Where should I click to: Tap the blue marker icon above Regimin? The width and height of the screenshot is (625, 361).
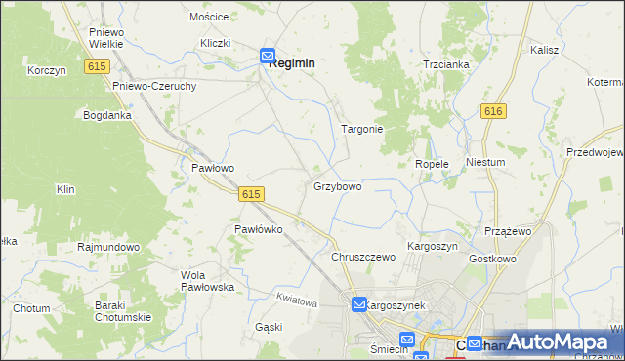pyautogui.click(x=267, y=58)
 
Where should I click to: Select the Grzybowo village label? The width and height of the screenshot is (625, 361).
pyautogui.click(x=338, y=185)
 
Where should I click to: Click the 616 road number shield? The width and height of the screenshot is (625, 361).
pyautogui.click(x=493, y=112)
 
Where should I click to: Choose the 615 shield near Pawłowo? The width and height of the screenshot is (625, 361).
pyautogui.click(x=250, y=194)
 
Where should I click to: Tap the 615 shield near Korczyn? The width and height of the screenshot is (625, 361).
pyautogui.click(x=96, y=65)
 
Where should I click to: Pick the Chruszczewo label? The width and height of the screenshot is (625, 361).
pyautogui.click(x=362, y=257)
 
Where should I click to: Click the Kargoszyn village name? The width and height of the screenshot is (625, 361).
pyautogui.click(x=432, y=247)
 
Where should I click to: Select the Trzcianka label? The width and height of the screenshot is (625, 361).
pyautogui.click(x=446, y=64)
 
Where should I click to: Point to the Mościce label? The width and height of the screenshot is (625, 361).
pyautogui.click(x=209, y=18)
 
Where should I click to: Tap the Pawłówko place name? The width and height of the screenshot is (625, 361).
pyautogui.click(x=258, y=229)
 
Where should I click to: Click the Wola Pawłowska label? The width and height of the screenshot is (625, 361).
pyautogui.click(x=207, y=281)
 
